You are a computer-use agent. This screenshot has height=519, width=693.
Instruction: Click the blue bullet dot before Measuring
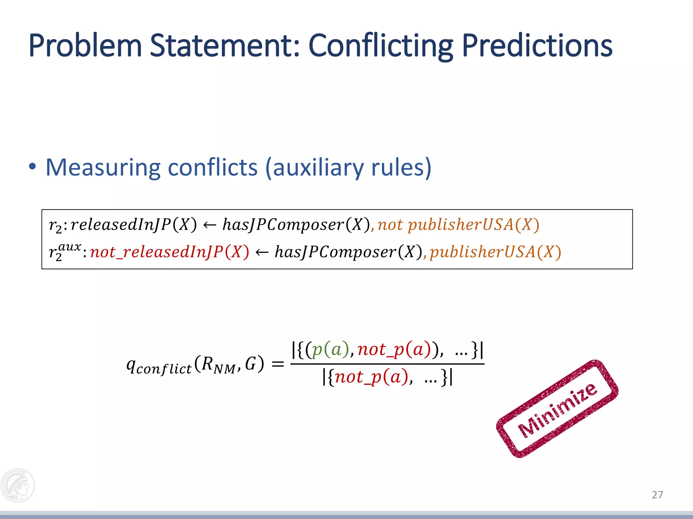[x=32, y=167]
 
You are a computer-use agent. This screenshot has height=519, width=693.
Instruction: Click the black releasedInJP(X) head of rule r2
[x=134, y=225]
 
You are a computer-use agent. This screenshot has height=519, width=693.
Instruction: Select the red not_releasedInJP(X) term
[x=170, y=252]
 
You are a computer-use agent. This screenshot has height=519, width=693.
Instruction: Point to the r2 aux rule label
[x=64, y=252]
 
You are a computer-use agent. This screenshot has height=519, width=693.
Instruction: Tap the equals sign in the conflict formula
[x=277, y=365]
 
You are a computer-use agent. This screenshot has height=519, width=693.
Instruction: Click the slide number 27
[x=657, y=495]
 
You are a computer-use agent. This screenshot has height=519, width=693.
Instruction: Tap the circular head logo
[x=18, y=485]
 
